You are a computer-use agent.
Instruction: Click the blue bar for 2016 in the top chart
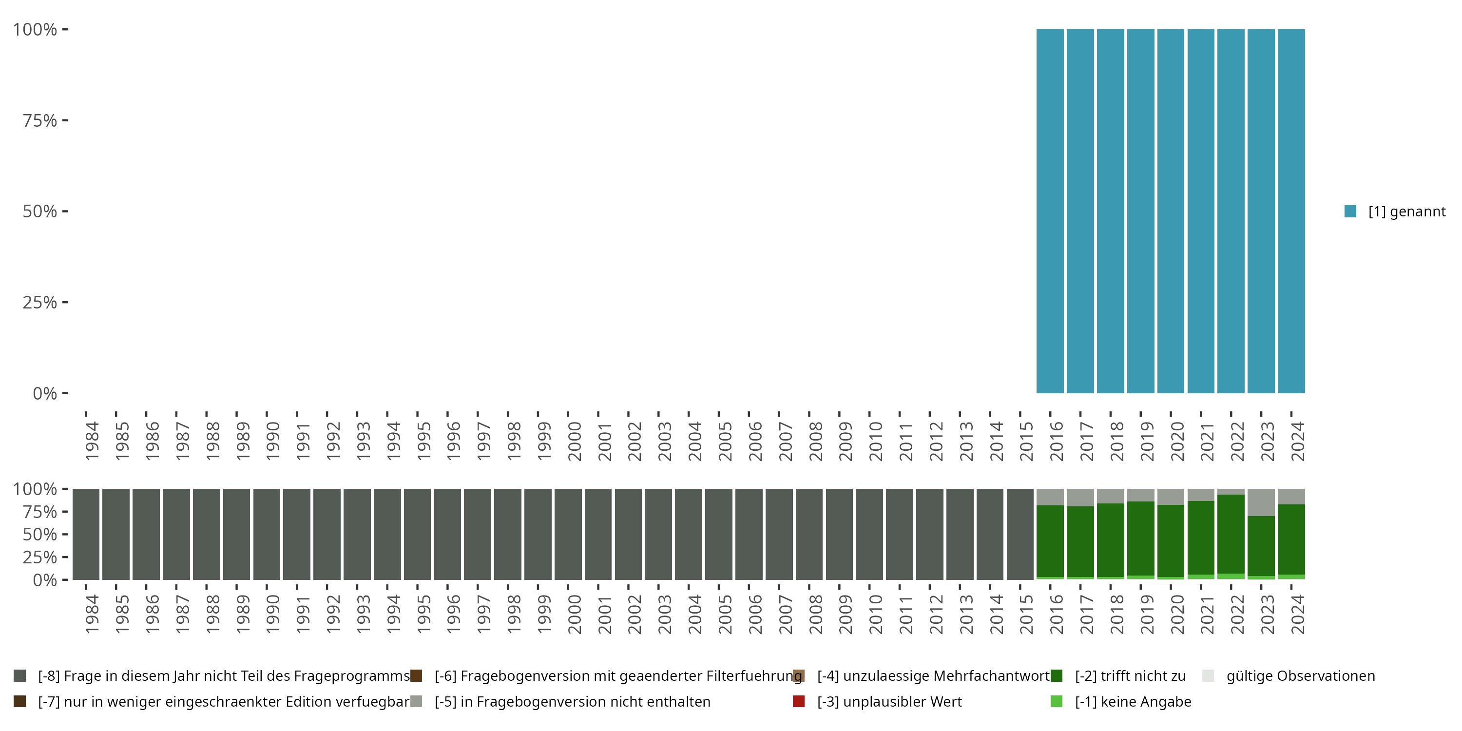pyautogui.click(x=1050, y=211)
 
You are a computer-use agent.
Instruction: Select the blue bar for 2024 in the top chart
pyautogui.click(x=1291, y=211)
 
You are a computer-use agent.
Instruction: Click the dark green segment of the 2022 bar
pyautogui.click(x=1231, y=534)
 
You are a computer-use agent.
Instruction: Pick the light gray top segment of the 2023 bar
pyautogui.click(x=1261, y=502)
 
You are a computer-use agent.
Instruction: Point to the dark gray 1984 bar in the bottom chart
pyautogui.click(x=86, y=534)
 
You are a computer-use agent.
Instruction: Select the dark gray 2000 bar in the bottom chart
pyautogui.click(x=568, y=534)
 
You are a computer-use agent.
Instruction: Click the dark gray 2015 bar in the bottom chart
pyautogui.click(x=1020, y=534)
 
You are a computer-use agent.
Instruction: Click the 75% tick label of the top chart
pyautogui.click(x=40, y=120)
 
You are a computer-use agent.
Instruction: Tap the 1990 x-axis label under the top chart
pyautogui.click(x=272, y=441)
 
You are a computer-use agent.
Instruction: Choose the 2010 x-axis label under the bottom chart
pyautogui.click(x=875, y=614)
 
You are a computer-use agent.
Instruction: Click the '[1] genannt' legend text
pyautogui.click(x=1406, y=212)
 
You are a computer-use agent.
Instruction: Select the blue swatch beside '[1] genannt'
pyautogui.click(x=1351, y=212)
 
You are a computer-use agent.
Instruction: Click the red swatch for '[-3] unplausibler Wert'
pyautogui.click(x=799, y=701)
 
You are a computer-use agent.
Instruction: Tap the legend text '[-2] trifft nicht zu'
pyautogui.click(x=1130, y=676)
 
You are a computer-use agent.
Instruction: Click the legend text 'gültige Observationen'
pyautogui.click(x=1300, y=676)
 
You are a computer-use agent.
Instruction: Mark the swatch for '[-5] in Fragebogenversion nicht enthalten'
pyautogui.click(x=416, y=701)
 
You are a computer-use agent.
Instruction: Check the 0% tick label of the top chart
pyautogui.click(x=45, y=393)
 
